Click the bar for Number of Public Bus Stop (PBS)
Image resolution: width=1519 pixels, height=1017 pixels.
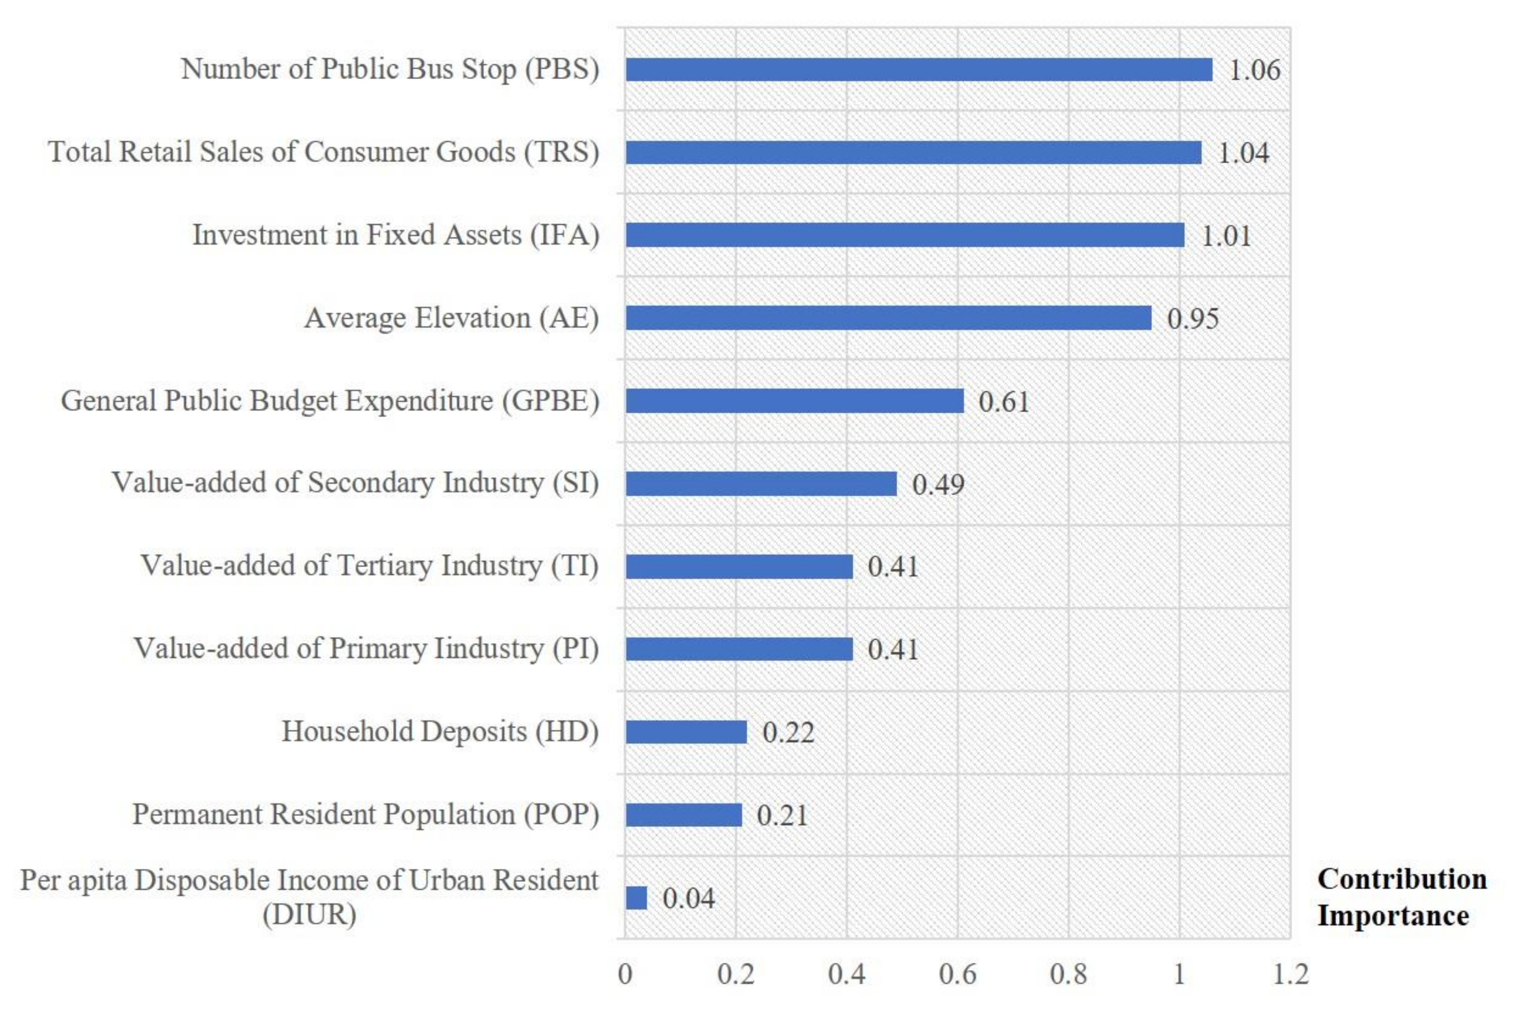[x=918, y=69]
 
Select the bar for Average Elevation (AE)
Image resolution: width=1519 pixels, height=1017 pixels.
[x=887, y=318]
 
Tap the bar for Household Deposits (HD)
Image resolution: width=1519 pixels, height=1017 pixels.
[x=686, y=732]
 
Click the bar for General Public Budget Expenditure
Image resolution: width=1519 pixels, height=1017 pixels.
[x=794, y=401]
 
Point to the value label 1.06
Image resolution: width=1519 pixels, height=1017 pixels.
[x=1254, y=70]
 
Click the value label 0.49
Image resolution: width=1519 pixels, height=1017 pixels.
[x=938, y=484]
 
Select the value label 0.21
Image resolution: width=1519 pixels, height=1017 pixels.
[x=782, y=815]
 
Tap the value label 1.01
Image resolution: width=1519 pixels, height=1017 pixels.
[x=1226, y=236]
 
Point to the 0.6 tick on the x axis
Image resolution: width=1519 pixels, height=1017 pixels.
[x=957, y=974]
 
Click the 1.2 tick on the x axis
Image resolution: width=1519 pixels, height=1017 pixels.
[x=1290, y=974]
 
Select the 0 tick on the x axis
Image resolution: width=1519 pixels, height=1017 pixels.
[x=625, y=974]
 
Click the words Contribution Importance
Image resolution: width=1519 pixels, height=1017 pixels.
[x=1401, y=897]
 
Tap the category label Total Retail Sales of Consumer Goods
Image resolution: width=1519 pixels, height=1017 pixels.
[x=323, y=152]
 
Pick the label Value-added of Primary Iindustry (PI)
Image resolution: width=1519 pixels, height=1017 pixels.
[x=366, y=648]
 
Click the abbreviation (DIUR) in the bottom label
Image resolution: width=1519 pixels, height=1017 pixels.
[x=309, y=915]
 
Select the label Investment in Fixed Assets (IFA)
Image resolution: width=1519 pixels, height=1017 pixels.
[x=395, y=235]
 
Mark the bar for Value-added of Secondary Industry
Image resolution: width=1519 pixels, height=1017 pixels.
[x=761, y=484]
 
